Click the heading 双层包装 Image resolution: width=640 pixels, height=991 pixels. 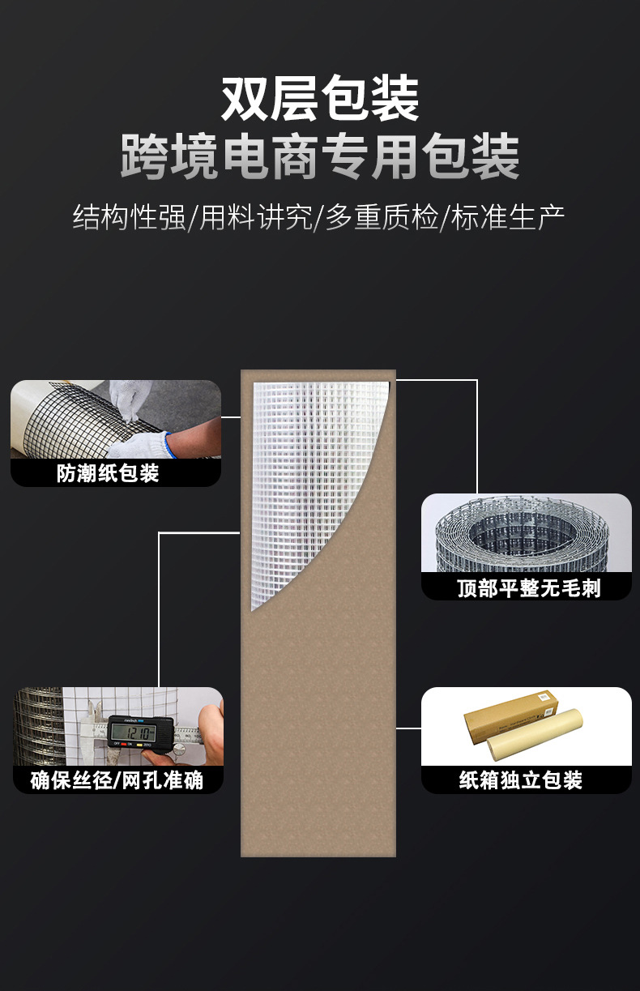[320, 100]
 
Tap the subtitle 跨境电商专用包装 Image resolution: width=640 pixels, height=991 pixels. [320, 156]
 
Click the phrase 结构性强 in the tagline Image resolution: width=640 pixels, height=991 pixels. [129, 217]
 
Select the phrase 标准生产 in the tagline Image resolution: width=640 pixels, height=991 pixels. [508, 217]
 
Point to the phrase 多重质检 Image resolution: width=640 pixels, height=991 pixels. [382, 217]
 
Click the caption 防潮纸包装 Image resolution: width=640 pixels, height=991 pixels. [108, 473]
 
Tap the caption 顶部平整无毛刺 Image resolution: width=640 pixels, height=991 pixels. [528, 587]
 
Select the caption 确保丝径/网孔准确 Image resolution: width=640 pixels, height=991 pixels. [117, 780]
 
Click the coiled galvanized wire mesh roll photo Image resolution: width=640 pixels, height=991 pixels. [526, 535]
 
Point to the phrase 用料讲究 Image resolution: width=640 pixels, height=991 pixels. [255, 217]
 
